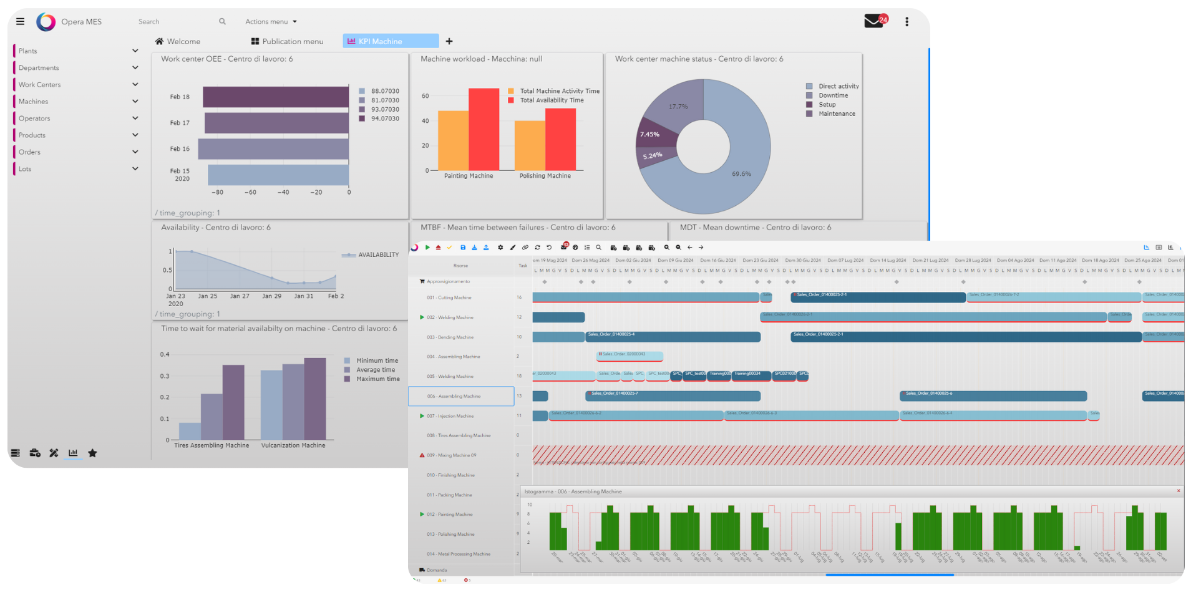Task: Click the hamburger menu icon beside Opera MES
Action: (20, 21)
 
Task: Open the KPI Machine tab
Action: (390, 41)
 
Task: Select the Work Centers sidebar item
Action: (39, 85)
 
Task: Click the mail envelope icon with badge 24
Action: (873, 21)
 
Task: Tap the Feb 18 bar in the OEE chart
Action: (275, 97)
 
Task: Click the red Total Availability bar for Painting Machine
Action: (484, 129)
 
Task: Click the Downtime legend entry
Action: (832, 95)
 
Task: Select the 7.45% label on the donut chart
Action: (649, 134)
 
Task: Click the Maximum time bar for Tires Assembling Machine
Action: (233, 402)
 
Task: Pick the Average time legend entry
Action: (375, 370)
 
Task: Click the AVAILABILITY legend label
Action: (377, 254)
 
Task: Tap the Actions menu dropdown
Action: (271, 21)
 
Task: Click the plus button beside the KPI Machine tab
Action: (449, 41)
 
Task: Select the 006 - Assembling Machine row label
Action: (454, 396)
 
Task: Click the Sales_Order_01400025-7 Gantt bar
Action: (673, 396)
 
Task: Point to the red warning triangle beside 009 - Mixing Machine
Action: (422, 455)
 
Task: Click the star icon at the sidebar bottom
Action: (92, 453)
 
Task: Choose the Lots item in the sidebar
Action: (25, 169)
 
